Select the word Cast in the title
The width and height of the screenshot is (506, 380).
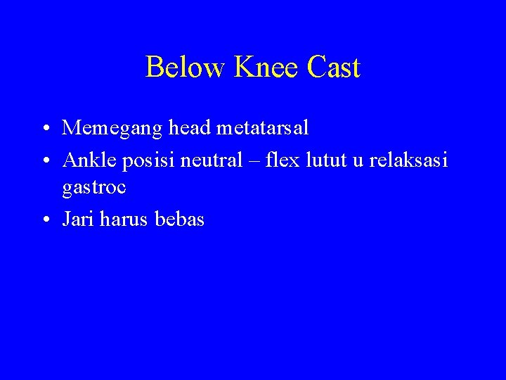click(x=334, y=68)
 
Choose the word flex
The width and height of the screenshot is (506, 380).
click(x=279, y=160)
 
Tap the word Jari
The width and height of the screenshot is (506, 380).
click(x=79, y=219)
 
